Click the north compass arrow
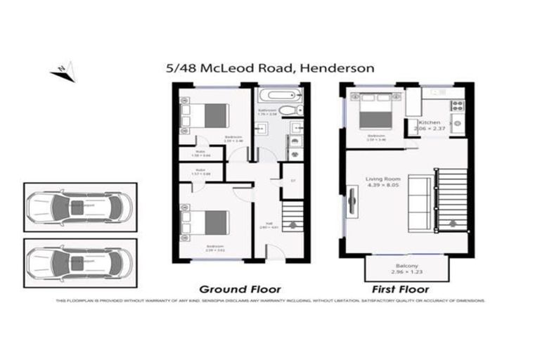click(61, 70)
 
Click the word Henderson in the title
click(341, 68)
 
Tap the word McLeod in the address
click(229, 68)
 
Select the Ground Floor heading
click(240, 289)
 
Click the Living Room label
click(382, 181)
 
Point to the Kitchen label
click(429, 122)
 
